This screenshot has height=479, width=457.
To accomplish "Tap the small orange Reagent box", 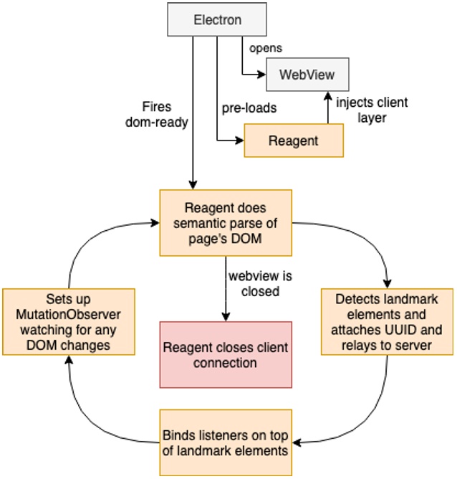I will [293, 141].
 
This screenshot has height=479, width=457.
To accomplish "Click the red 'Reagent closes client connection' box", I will [226, 356].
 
